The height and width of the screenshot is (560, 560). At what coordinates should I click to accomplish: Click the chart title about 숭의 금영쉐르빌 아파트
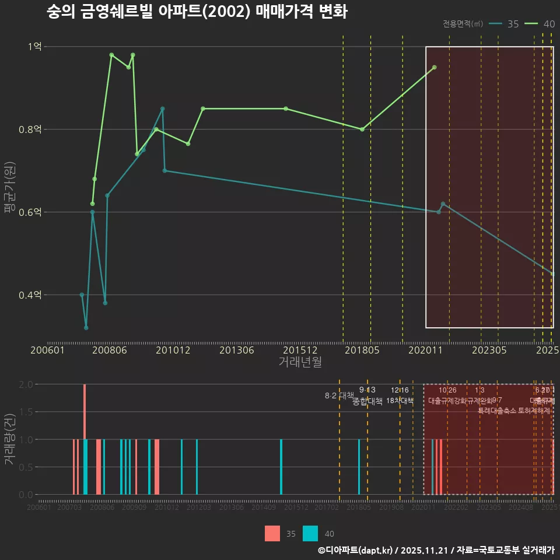pos(197,12)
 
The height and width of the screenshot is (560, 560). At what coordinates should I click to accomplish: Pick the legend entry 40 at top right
pos(541,24)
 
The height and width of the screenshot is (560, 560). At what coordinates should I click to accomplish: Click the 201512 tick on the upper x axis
pos(300,351)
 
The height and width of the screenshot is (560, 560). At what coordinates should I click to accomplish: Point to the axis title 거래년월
pos(300,362)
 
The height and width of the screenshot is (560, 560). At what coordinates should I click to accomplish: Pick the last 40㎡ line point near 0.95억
pos(434,67)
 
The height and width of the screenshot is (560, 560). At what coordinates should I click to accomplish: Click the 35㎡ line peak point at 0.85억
pos(162,108)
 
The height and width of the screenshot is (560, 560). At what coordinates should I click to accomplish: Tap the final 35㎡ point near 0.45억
pos(552,274)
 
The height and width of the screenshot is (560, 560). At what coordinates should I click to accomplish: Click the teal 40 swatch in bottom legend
pos(310,533)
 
